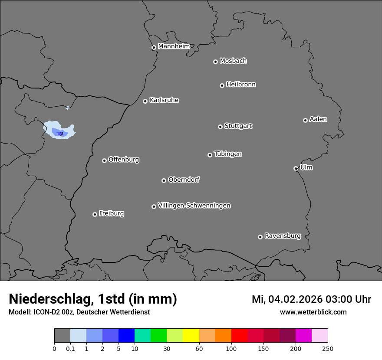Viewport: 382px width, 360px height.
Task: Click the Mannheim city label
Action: click(174, 46)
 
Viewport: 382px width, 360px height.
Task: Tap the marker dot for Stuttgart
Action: click(220, 127)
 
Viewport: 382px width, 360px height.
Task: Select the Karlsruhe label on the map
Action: click(164, 100)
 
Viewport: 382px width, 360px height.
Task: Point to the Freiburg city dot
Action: click(95, 214)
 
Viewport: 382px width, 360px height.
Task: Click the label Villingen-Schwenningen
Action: click(194, 206)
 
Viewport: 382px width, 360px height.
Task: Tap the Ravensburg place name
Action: click(283, 236)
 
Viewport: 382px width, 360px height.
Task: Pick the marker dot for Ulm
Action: click(296, 168)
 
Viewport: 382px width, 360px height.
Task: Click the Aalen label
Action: click(318, 119)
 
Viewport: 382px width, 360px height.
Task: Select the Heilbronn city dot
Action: click(222, 85)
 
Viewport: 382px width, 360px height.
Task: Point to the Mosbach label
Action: click(233, 61)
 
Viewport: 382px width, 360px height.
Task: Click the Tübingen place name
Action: click(228, 154)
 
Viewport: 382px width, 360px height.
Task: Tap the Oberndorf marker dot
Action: click(164, 180)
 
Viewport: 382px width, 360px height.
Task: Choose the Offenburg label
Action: click(124, 160)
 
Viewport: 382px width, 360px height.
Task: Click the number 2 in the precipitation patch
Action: click(62, 134)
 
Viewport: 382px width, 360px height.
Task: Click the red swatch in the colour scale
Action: click(239, 336)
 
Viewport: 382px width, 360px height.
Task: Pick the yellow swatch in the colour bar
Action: click(191, 336)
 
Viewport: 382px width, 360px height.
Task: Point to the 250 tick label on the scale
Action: click(328, 348)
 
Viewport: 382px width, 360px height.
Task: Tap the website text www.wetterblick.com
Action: click(313, 312)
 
